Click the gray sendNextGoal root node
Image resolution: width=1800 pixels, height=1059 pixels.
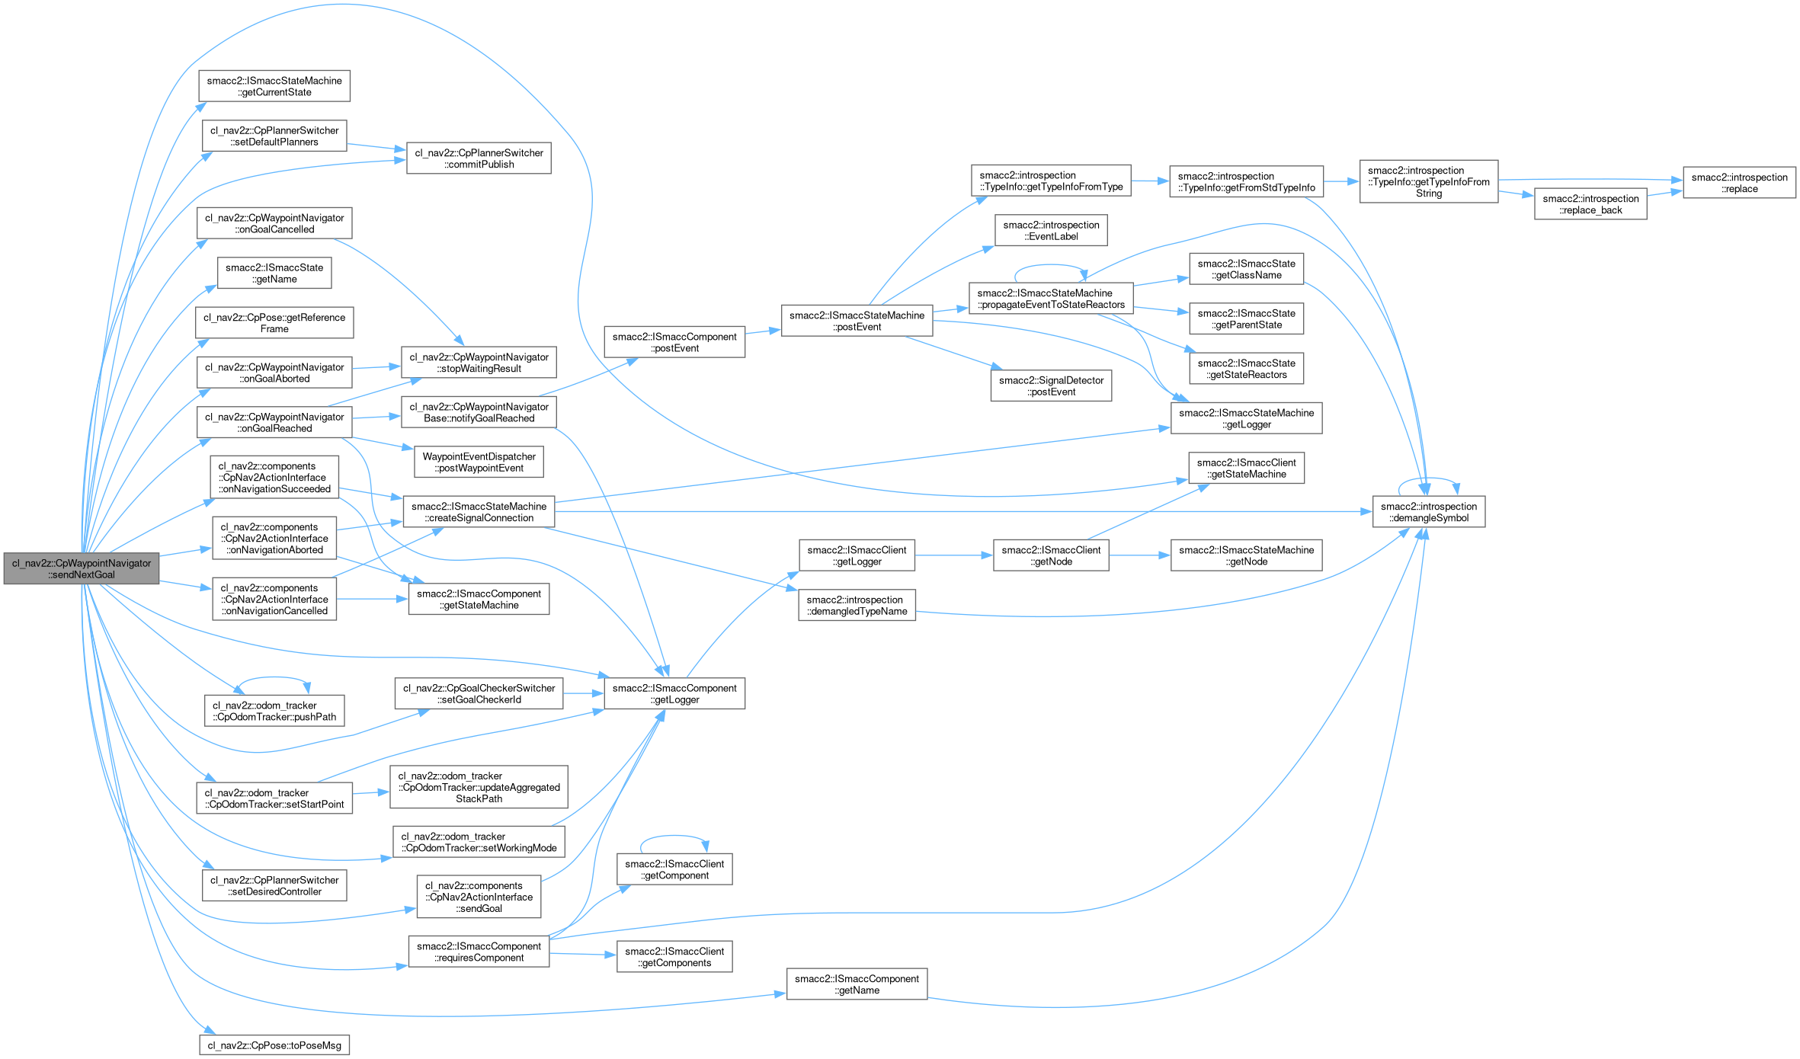(x=82, y=569)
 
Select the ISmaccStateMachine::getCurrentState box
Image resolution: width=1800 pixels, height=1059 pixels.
(x=274, y=86)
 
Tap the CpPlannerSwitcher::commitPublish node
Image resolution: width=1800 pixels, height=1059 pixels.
(x=479, y=158)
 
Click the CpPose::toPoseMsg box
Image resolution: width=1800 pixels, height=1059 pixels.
(x=274, y=1045)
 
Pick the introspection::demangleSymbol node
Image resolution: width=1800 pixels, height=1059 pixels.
(x=1428, y=512)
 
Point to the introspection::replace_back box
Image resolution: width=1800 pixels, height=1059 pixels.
(x=1590, y=204)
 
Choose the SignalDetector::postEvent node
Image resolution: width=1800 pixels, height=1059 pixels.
(x=1051, y=386)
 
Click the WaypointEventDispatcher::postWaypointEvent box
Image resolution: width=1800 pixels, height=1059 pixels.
(x=479, y=462)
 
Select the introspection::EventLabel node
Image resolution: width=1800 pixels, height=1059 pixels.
(x=1051, y=231)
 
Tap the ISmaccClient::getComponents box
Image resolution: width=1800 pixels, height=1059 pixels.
(x=674, y=957)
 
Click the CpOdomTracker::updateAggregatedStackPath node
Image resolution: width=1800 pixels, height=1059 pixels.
(x=479, y=787)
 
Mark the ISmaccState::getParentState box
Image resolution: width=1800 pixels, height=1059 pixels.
(x=1246, y=319)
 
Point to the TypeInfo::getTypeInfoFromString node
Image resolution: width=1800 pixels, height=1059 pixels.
(x=1428, y=181)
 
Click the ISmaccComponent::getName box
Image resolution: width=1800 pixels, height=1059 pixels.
(x=857, y=984)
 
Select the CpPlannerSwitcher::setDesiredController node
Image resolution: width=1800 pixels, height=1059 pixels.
(x=274, y=886)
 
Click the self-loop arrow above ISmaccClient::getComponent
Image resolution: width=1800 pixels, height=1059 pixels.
(x=674, y=836)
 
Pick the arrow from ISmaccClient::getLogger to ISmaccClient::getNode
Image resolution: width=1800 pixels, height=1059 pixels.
(x=953, y=556)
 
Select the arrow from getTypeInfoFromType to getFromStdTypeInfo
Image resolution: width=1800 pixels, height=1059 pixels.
(x=1149, y=181)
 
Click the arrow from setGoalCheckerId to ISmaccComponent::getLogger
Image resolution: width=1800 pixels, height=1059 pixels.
(x=583, y=693)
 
